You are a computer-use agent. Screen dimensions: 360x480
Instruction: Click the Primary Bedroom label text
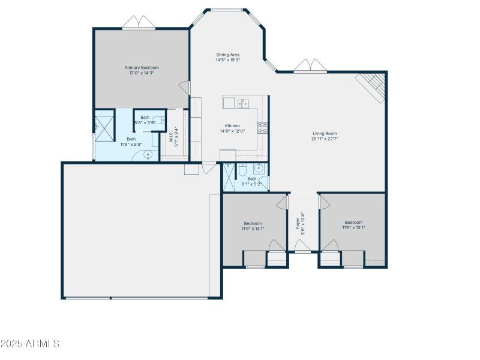point(142,68)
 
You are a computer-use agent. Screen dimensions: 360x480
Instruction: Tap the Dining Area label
point(228,55)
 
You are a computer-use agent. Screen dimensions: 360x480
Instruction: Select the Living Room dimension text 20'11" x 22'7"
point(325,139)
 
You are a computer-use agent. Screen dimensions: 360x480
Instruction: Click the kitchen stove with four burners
point(262,127)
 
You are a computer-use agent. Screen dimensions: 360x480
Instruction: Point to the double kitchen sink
point(244,103)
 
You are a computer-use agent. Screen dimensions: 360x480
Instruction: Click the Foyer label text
point(297,224)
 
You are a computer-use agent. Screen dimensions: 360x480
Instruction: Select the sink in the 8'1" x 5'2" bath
point(259,167)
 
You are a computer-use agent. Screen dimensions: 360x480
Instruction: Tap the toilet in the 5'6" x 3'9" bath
point(160,120)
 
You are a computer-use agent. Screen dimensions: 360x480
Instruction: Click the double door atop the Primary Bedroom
point(139,23)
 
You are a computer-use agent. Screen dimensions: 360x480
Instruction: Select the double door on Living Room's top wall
point(310,66)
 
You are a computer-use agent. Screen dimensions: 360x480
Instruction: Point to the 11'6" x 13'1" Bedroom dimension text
point(253,228)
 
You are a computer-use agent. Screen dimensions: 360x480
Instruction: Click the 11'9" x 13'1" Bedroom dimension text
point(353,227)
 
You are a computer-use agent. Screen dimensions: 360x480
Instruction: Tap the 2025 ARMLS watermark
point(30,344)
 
